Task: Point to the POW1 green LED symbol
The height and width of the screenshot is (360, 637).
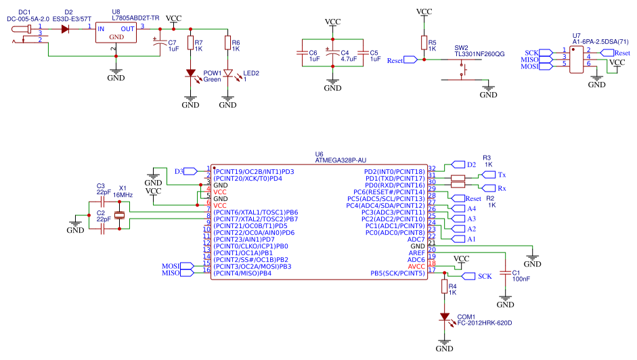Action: tap(190, 74)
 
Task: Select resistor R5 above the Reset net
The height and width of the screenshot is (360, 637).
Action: tap(424, 43)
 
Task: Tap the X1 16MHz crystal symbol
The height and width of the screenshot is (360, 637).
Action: tap(120, 215)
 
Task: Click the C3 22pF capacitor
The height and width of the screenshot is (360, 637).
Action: tap(103, 201)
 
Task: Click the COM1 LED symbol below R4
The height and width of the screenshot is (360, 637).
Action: tap(444, 316)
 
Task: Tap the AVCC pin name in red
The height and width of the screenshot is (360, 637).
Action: tap(416, 267)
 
